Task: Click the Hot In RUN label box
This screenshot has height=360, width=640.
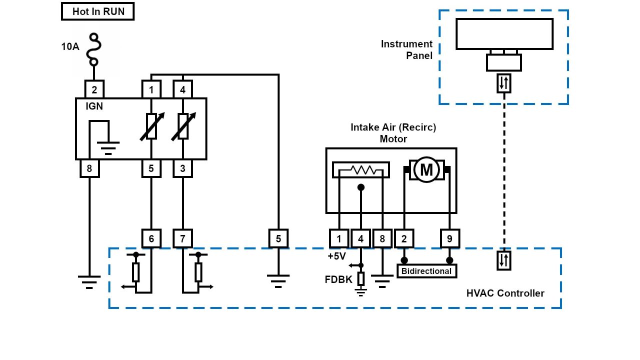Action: click(x=98, y=11)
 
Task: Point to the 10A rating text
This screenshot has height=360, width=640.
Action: click(x=70, y=46)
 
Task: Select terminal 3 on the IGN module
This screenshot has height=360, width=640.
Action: click(x=182, y=168)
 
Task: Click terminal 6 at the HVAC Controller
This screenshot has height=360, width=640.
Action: click(x=151, y=239)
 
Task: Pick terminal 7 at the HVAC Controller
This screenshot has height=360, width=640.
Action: click(x=182, y=239)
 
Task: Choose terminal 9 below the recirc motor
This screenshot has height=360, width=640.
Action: click(x=449, y=239)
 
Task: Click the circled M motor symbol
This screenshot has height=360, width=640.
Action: click(x=426, y=170)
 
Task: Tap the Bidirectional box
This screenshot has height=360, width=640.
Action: click(x=426, y=271)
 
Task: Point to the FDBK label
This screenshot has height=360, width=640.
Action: click(x=338, y=279)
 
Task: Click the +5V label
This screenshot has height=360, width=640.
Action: click(x=336, y=256)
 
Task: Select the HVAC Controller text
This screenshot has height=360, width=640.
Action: click(x=505, y=293)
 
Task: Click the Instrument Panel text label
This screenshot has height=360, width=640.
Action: click(x=406, y=49)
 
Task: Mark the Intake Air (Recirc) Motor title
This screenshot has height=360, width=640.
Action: click(x=393, y=133)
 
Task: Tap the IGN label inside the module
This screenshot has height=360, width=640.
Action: click(x=94, y=106)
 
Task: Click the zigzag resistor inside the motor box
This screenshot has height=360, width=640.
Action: click(x=361, y=170)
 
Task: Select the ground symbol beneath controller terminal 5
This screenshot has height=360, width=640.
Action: click(x=278, y=280)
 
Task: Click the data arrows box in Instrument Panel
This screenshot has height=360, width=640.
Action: click(x=504, y=83)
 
